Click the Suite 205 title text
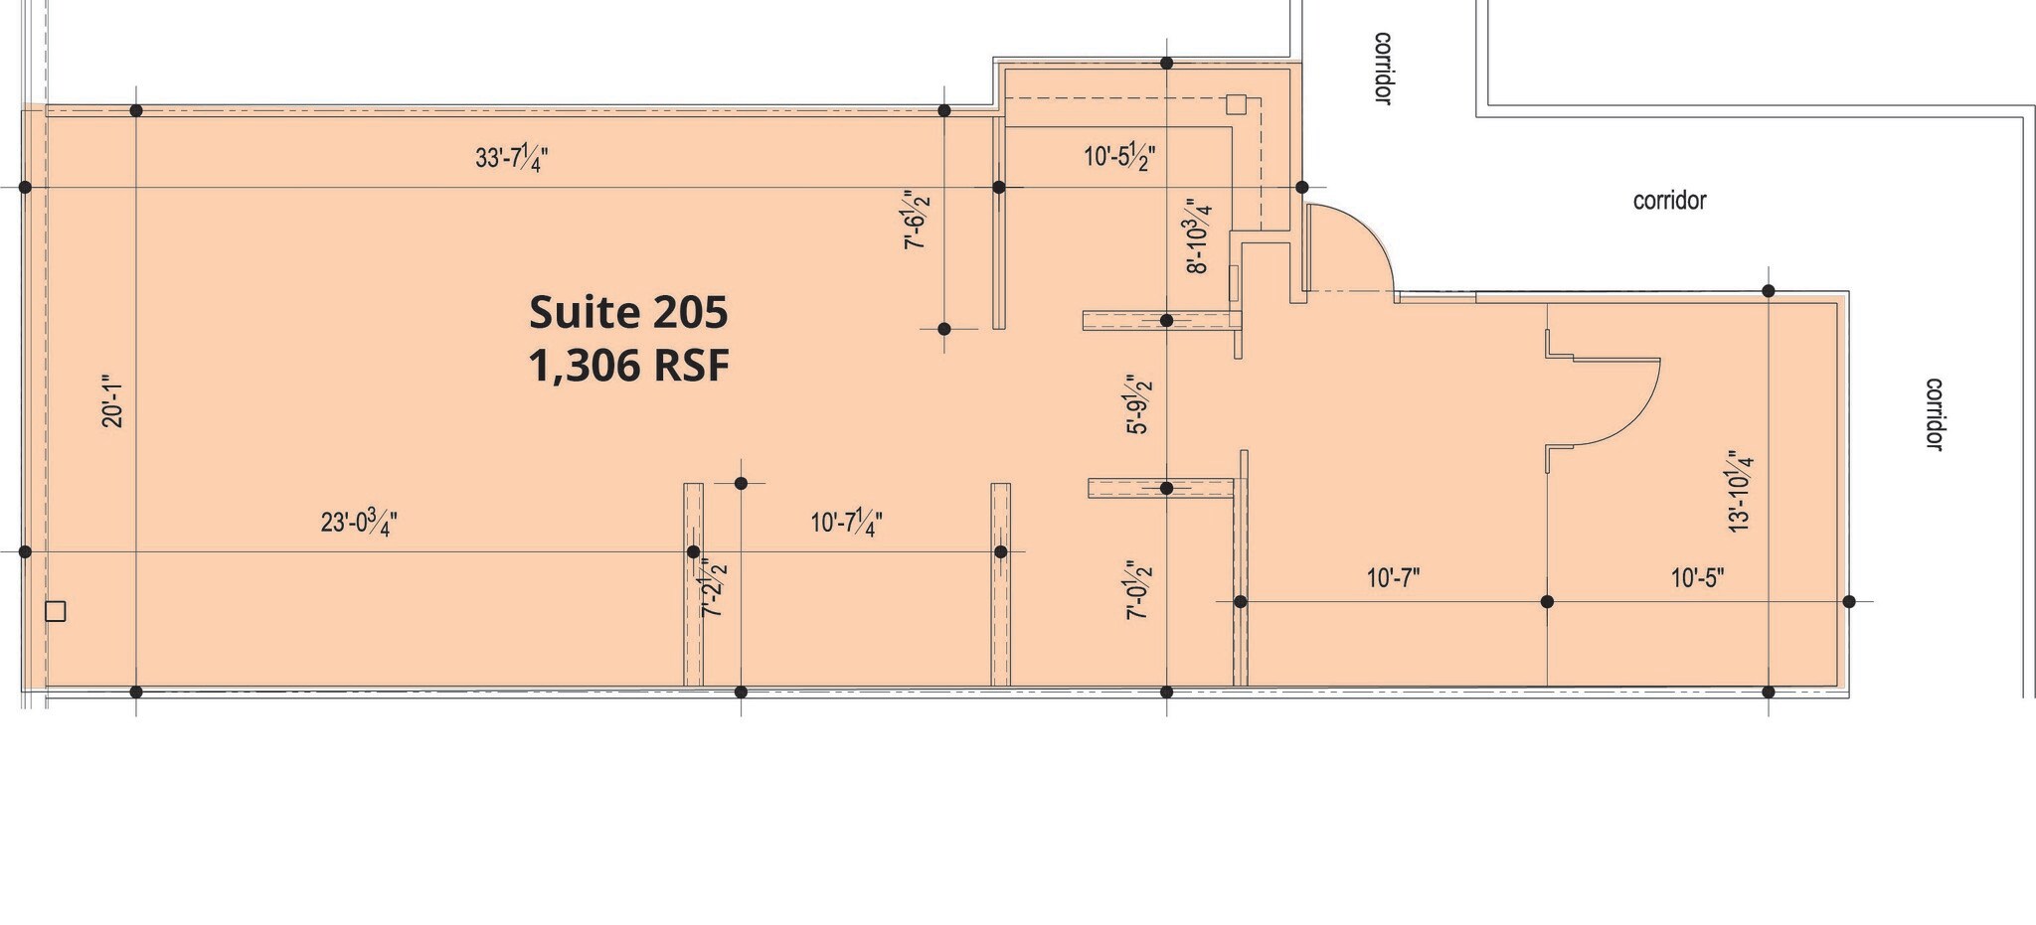click(x=628, y=312)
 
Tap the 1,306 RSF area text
click(x=628, y=366)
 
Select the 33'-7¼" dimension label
click(x=512, y=159)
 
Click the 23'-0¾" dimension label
click(x=359, y=522)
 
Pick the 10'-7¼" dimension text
click(x=846, y=523)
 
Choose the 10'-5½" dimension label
click(x=1119, y=157)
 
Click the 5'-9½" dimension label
click(x=1137, y=404)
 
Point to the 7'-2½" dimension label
click(x=714, y=588)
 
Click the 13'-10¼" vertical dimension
click(x=1740, y=493)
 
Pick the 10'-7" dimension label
click(x=1393, y=578)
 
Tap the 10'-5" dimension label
click(x=1697, y=578)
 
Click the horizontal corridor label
click(x=1669, y=201)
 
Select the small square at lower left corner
click(x=56, y=612)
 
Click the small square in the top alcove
click(x=1236, y=104)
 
